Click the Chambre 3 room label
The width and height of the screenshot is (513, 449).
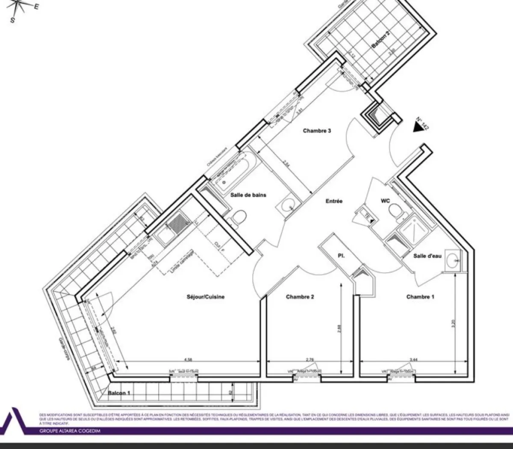(x=317, y=131)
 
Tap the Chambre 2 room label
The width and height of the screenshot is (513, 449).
(x=300, y=297)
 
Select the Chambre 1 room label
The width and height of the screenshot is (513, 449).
(x=420, y=297)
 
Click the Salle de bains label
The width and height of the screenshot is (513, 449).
(x=248, y=195)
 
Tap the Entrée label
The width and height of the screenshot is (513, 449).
(x=334, y=201)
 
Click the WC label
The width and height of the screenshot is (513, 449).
(x=385, y=201)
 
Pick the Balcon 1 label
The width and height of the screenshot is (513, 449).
(x=119, y=393)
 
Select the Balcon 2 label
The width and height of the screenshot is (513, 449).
(x=380, y=43)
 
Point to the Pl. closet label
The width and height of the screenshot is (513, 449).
(x=342, y=256)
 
